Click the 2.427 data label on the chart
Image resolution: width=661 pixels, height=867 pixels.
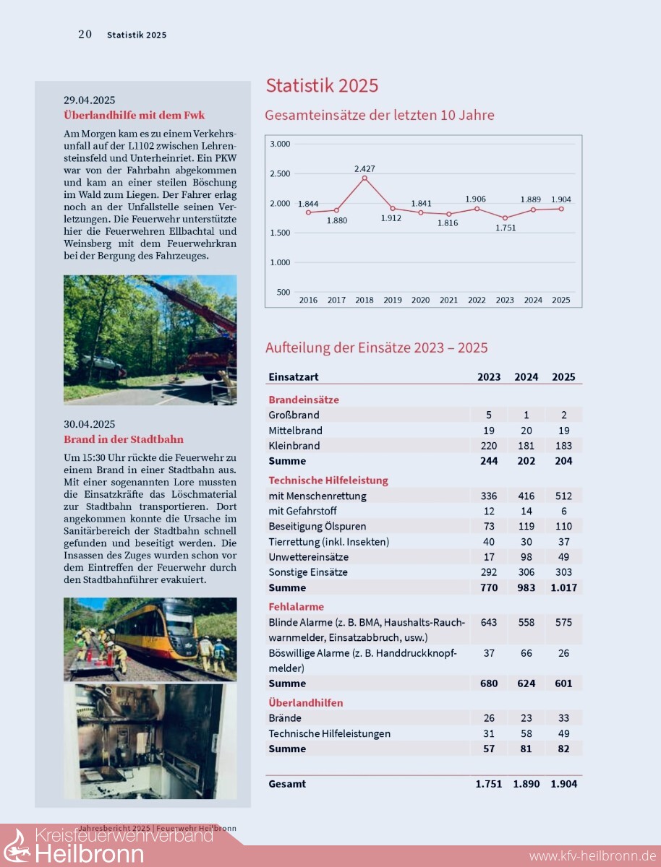[364, 169]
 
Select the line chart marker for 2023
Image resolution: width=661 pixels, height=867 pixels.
[505, 218]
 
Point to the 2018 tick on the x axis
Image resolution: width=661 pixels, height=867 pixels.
[364, 300]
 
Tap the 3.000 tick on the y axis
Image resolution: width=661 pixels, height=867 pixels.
[280, 144]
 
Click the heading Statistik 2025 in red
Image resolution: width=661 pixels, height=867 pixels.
[322, 85]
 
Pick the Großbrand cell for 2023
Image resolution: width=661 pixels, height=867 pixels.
[489, 415]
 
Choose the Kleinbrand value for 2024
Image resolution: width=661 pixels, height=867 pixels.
[526, 446]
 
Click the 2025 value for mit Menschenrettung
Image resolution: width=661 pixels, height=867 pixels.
[564, 496]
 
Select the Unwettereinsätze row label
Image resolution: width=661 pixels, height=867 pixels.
[308, 557]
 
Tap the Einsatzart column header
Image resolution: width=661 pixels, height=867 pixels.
[293, 377]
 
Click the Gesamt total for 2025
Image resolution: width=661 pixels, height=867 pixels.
[564, 784]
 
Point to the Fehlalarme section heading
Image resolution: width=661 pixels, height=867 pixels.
[296, 607]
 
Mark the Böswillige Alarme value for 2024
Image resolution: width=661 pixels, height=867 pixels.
[526, 653]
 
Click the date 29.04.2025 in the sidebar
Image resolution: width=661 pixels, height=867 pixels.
[89, 100]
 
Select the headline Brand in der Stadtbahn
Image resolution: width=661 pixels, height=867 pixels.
[123, 439]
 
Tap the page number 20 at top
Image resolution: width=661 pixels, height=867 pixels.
[85, 34]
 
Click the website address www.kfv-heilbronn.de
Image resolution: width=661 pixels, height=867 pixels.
[592, 856]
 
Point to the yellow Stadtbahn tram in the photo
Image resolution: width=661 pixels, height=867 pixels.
[155, 628]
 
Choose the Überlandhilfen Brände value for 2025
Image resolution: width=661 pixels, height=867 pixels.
[564, 718]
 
